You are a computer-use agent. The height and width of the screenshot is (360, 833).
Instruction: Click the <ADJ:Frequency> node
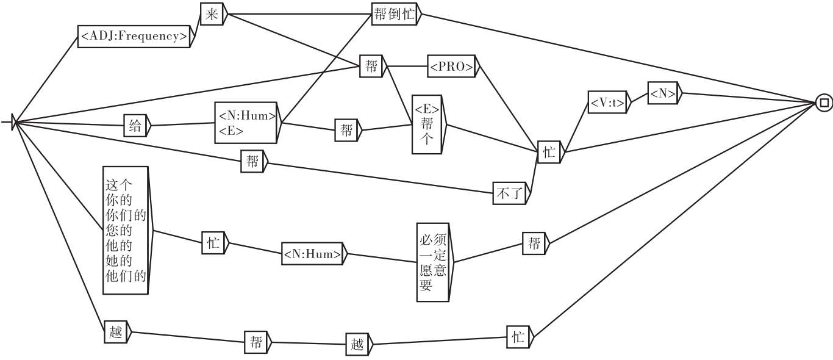pyautogui.click(x=134, y=36)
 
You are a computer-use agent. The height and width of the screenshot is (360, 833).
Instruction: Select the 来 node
pyautogui.click(x=211, y=15)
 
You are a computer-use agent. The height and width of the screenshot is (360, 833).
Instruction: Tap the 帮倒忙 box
pyautogui.click(x=393, y=15)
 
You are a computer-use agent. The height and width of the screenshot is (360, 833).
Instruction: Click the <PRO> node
pyautogui.click(x=451, y=67)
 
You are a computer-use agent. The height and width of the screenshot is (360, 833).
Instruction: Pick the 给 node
pyautogui.click(x=135, y=126)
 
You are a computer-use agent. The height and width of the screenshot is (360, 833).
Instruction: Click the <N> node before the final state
pyautogui.click(x=662, y=94)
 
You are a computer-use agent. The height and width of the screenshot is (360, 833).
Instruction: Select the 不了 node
pyautogui.click(x=509, y=195)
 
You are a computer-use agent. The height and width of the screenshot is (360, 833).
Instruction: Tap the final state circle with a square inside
pyautogui.click(x=824, y=103)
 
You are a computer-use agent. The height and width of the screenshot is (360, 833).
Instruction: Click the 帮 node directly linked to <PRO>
pyautogui.click(x=371, y=66)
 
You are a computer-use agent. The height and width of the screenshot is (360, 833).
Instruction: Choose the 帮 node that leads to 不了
pyautogui.click(x=251, y=162)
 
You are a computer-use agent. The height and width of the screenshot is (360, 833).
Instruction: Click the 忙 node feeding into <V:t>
pyautogui.click(x=549, y=153)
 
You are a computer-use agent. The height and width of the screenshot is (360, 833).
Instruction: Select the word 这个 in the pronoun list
pyautogui.click(x=119, y=184)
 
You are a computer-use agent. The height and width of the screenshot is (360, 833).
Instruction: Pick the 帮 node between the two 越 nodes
pyautogui.click(x=255, y=342)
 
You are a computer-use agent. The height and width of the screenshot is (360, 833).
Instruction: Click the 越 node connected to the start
pyautogui.click(x=114, y=333)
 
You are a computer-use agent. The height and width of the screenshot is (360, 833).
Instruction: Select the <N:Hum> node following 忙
pyautogui.click(x=312, y=254)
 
